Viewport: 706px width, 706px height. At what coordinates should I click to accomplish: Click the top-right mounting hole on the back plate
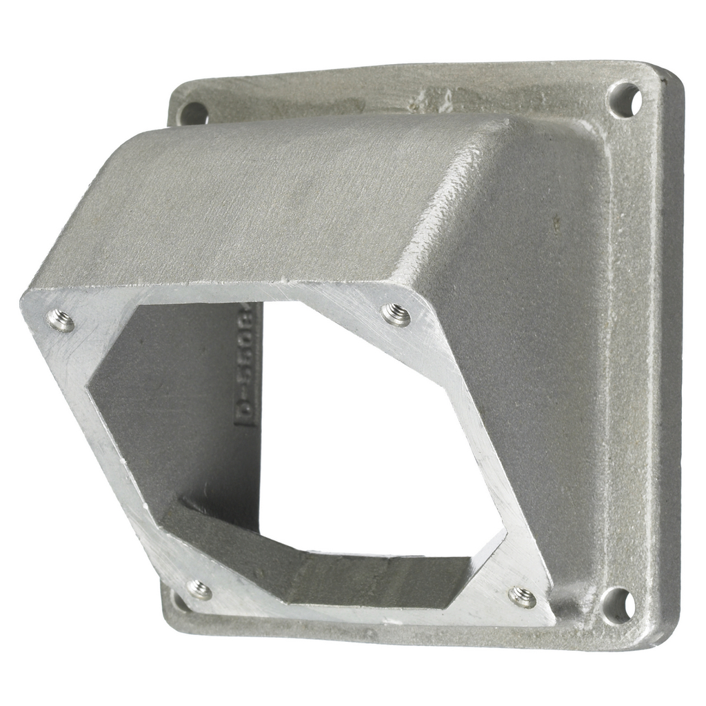pos(625,100)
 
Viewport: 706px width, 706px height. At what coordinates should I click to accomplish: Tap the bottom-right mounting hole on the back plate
pos(617,605)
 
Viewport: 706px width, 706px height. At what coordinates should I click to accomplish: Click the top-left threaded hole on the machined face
pos(61,320)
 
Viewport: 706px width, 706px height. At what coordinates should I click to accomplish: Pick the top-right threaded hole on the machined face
pos(396,314)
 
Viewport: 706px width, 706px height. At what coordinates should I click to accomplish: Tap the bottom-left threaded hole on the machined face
pos(199,589)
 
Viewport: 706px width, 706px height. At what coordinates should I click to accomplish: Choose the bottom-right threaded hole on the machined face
pos(522,597)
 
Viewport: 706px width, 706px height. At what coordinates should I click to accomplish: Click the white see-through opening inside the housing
pos(372,427)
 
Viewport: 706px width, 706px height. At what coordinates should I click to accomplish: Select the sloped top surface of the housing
pos(276,200)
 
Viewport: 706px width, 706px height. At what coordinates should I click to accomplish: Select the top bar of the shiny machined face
pos(228,293)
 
